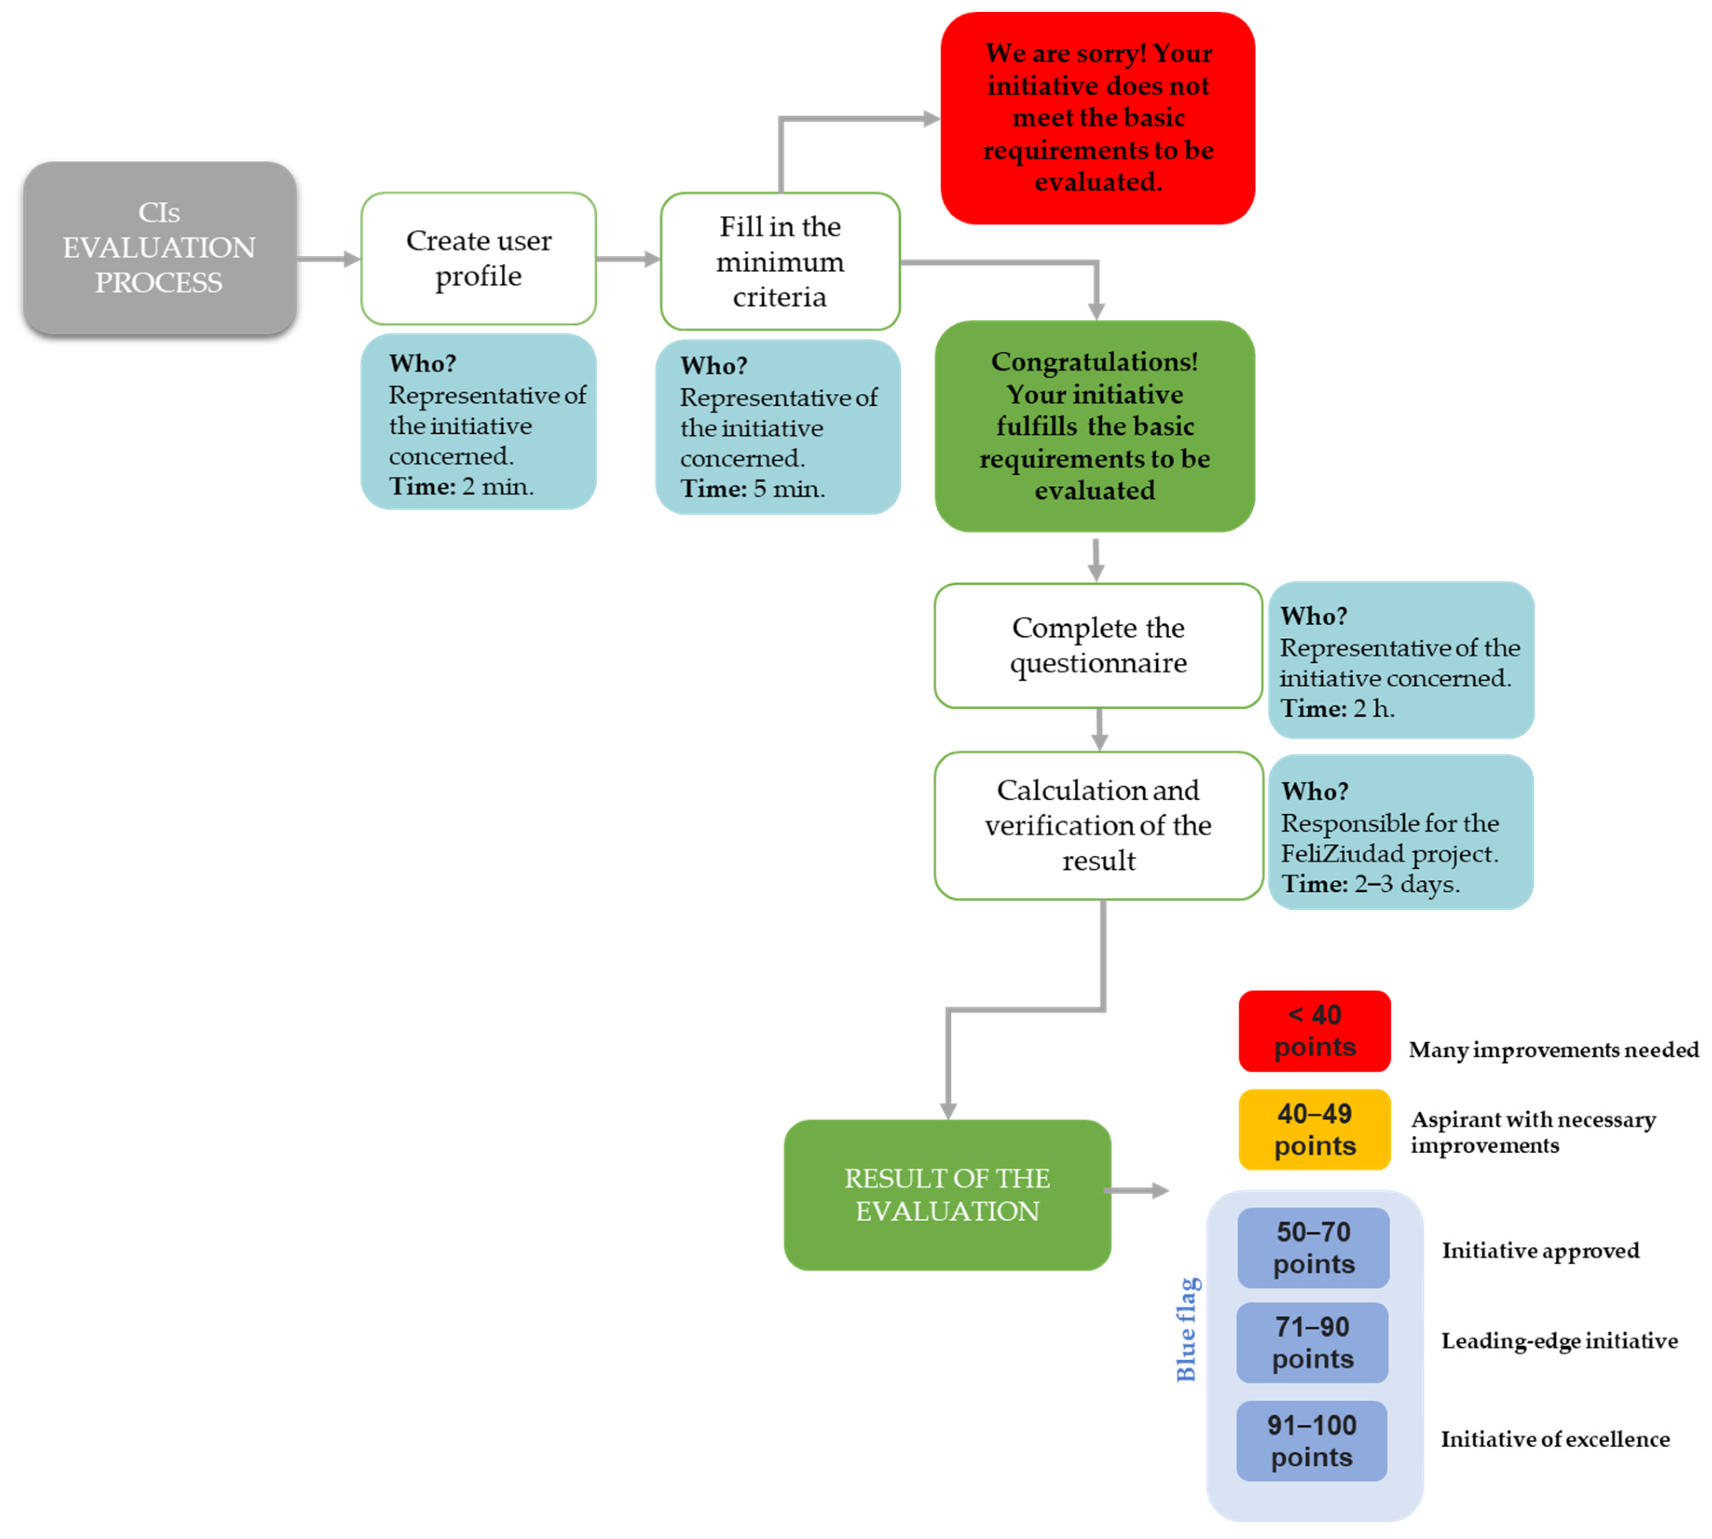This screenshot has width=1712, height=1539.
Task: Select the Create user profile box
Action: (x=478, y=258)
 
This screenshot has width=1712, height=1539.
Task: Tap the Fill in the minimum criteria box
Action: (x=779, y=261)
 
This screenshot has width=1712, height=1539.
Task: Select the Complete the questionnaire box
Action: (x=1098, y=645)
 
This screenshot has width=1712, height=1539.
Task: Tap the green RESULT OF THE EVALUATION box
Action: (x=947, y=1194)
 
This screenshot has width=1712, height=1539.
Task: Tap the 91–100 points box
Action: (x=1311, y=1440)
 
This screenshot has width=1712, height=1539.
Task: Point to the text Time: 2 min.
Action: (x=461, y=486)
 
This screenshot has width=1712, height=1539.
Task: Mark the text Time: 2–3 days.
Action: (x=1371, y=884)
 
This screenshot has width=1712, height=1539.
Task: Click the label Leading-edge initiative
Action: (x=1559, y=1341)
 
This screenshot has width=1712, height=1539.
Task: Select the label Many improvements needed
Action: (x=1553, y=1049)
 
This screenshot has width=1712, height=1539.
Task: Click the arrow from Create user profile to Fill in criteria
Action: (x=628, y=259)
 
